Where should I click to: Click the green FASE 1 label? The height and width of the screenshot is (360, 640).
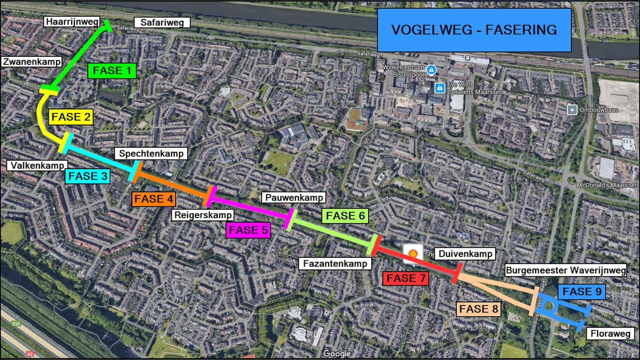point(112,71)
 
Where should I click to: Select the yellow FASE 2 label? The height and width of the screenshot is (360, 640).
point(71,117)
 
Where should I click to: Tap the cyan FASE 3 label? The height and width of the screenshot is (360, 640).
point(88,176)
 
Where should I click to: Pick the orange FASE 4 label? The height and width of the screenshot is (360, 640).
point(154,199)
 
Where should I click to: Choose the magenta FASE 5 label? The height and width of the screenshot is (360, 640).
point(248,230)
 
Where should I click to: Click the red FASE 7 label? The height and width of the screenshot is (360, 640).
point(406,278)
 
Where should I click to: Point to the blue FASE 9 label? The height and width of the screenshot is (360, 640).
point(582,292)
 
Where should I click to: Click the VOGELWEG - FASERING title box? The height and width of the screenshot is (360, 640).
point(474,30)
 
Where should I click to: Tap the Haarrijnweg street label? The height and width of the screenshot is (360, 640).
point(72,22)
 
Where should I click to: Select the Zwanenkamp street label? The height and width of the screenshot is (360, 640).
point(32,62)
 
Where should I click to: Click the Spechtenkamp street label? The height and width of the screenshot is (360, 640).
point(151,154)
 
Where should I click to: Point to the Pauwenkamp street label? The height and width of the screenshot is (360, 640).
point(294,198)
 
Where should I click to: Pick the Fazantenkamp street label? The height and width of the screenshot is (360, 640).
point(335,264)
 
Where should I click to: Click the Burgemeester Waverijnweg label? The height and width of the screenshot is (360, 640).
point(566,270)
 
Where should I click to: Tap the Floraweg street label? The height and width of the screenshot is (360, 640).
point(610,334)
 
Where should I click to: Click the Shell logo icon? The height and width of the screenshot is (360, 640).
point(413,254)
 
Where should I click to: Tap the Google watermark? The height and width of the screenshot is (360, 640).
point(337,354)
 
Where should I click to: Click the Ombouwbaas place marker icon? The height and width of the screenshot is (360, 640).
point(572,110)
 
